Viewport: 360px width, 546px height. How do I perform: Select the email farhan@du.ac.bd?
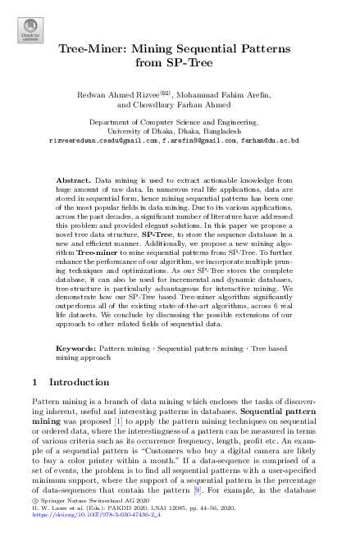coord(270,140)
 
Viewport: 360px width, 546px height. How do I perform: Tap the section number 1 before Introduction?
coord(32,382)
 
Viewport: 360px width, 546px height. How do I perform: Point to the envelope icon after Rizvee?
coord(164,93)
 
